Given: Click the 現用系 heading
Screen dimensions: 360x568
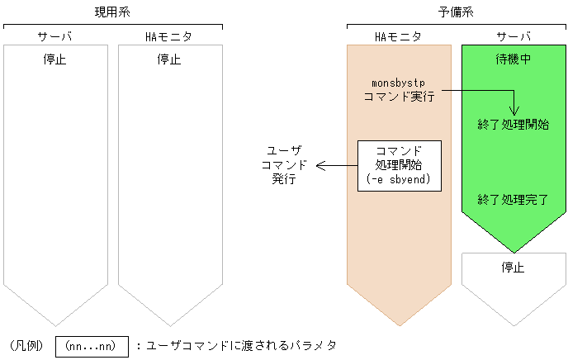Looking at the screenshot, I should [112, 12].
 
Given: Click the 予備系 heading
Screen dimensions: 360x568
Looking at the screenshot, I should [456, 12].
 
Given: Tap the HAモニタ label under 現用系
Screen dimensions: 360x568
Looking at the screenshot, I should [170, 37].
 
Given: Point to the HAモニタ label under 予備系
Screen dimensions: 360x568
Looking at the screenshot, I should [398, 37].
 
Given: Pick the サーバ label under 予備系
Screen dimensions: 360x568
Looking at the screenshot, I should [513, 37].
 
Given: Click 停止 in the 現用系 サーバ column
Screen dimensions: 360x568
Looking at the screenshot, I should [54, 59].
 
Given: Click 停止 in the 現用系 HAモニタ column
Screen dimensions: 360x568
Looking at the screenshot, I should [169, 59].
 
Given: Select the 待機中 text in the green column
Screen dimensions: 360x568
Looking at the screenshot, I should [513, 59].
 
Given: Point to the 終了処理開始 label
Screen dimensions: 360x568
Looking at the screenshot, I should [514, 125].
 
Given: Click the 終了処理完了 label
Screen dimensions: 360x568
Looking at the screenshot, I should [514, 199].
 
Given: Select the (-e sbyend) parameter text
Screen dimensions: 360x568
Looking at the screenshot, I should [400, 179].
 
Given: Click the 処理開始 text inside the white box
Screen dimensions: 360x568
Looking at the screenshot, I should [400, 165].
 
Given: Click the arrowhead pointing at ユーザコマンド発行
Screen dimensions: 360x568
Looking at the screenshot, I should [320, 165].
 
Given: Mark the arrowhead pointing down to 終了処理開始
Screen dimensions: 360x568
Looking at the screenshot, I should [514, 111].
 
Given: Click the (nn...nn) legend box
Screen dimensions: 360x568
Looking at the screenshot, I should [92, 345].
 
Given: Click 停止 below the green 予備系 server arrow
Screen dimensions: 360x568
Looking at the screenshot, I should [514, 268].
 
